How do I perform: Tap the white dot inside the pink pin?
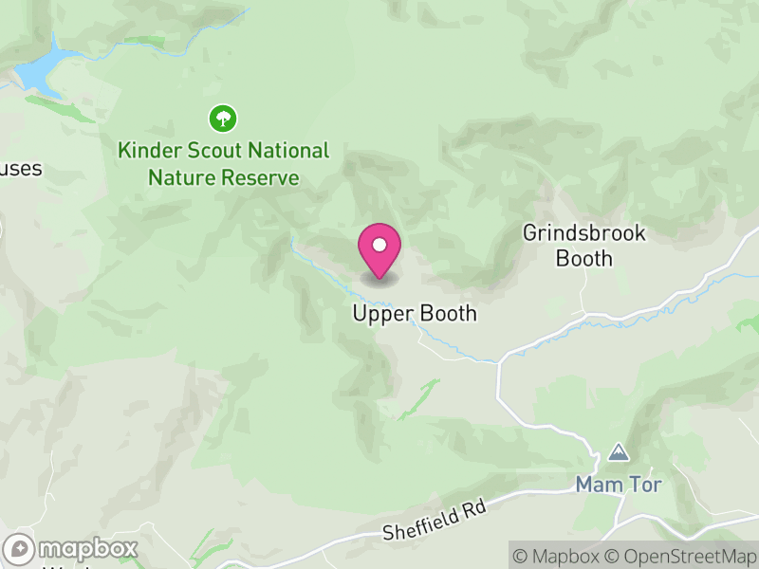point(379,246)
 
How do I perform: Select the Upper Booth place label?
point(415,314)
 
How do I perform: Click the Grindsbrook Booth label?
point(583,246)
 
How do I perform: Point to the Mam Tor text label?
point(618,485)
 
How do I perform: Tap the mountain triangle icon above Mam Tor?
point(619,452)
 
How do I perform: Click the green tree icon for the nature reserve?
point(223,119)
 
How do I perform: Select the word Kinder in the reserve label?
point(146,151)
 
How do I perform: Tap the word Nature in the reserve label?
point(181,177)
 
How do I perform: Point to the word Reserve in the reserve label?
point(260,177)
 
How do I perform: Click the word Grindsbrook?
point(583,233)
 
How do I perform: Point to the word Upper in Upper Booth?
point(379,314)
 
